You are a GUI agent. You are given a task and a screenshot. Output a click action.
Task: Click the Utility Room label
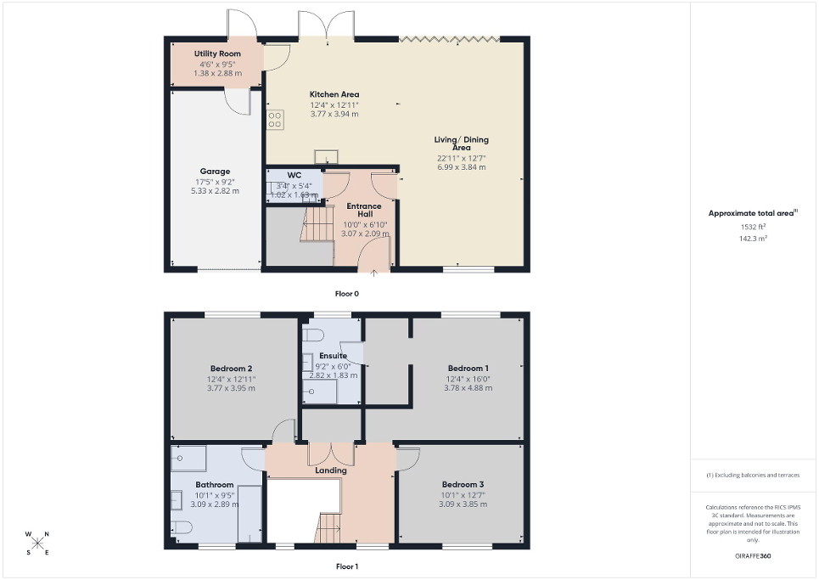pyautogui.click(x=217, y=53)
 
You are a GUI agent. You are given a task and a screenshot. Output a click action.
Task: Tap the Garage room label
pyautogui.click(x=215, y=172)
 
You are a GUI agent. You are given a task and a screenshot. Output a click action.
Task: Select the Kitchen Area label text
pyautogui.click(x=334, y=94)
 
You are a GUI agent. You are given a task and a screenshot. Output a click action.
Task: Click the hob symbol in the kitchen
pyautogui.click(x=275, y=120)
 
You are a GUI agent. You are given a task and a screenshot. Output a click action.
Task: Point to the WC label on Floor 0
pyautogui.click(x=295, y=175)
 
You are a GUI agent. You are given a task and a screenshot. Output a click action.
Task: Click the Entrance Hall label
pyautogui.click(x=363, y=210)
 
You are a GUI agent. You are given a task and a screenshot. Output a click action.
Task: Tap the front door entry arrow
pyautogui.click(x=374, y=273)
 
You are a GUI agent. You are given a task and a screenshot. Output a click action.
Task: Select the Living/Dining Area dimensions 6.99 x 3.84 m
pyautogui.click(x=462, y=168)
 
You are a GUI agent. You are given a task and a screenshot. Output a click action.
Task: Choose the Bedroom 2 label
pyautogui.click(x=231, y=368)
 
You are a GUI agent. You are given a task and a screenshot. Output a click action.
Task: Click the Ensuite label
pyautogui.click(x=332, y=355)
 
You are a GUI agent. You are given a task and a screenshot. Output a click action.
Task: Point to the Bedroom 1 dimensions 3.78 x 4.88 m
pyautogui.click(x=468, y=388)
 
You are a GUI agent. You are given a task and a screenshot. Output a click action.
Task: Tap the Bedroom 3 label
pyautogui.click(x=463, y=484)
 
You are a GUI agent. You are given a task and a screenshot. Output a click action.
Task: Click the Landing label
pyautogui.click(x=330, y=470)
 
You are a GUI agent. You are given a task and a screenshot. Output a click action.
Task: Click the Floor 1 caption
pyautogui.click(x=347, y=566)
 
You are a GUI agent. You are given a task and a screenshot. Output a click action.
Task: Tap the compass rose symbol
pyautogui.click(x=38, y=543)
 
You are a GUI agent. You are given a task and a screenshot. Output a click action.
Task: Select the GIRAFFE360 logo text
pyautogui.click(x=754, y=556)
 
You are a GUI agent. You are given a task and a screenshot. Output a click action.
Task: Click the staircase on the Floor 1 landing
pyautogui.click(x=328, y=528)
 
